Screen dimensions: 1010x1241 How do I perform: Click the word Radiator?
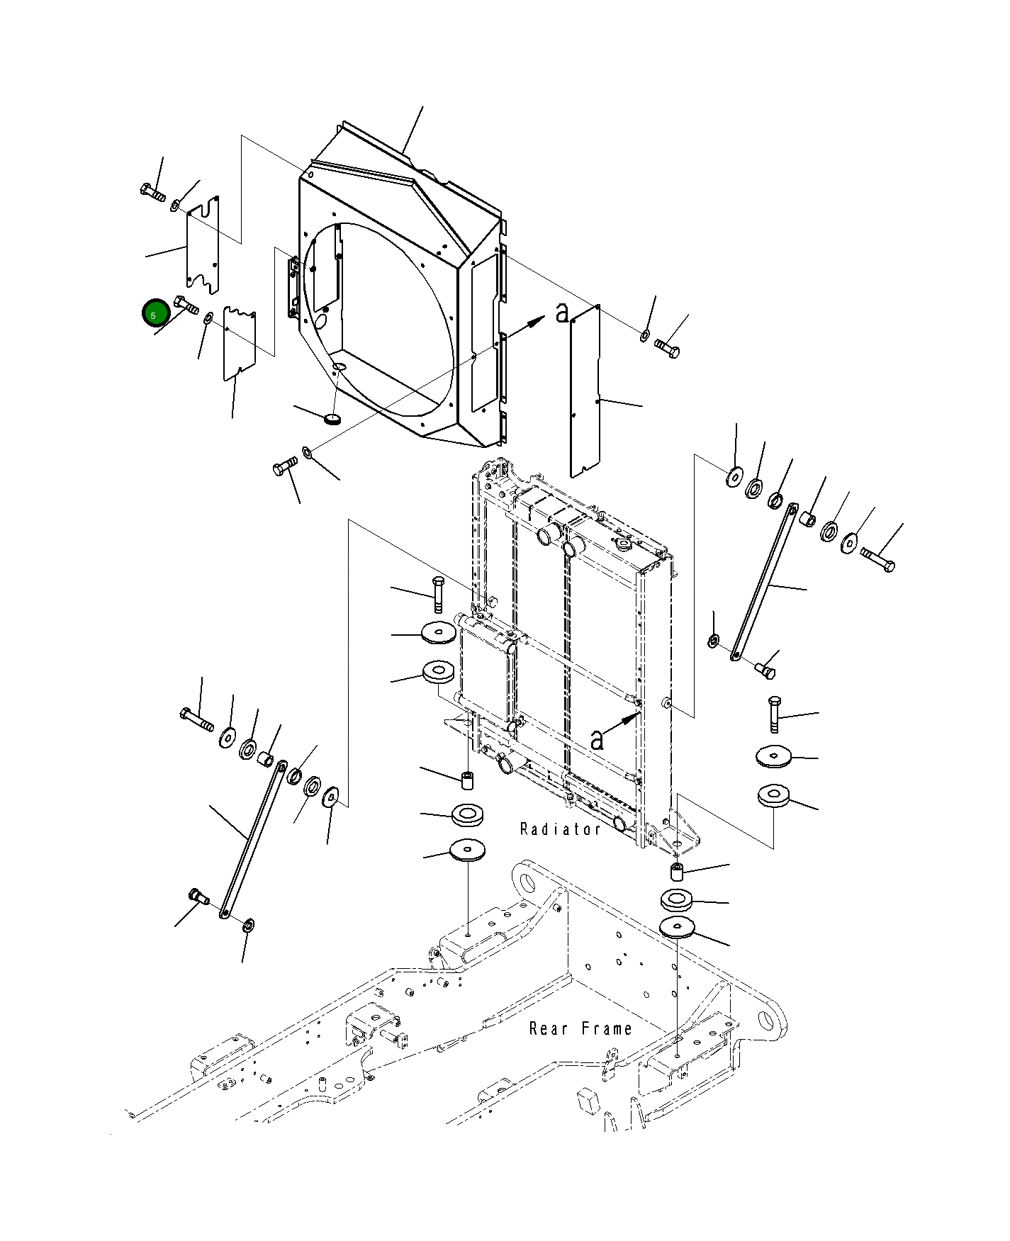pyautogui.click(x=560, y=829)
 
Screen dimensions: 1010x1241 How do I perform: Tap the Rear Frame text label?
pyautogui.click(x=580, y=1028)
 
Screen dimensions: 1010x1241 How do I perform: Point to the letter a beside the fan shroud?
pyautogui.click(x=562, y=313)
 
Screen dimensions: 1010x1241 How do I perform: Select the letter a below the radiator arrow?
pyautogui.click(x=597, y=740)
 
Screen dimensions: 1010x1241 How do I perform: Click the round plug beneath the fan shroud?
pyautogui.click(x=332, y=419)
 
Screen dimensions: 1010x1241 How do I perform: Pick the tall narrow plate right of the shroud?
pyautogui.click(x=585, y=392)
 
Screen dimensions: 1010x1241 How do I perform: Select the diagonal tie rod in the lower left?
pyautogui.click(x=253, y=841)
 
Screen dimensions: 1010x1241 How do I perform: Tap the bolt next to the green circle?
pyautogui.click(x=186, y=305)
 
